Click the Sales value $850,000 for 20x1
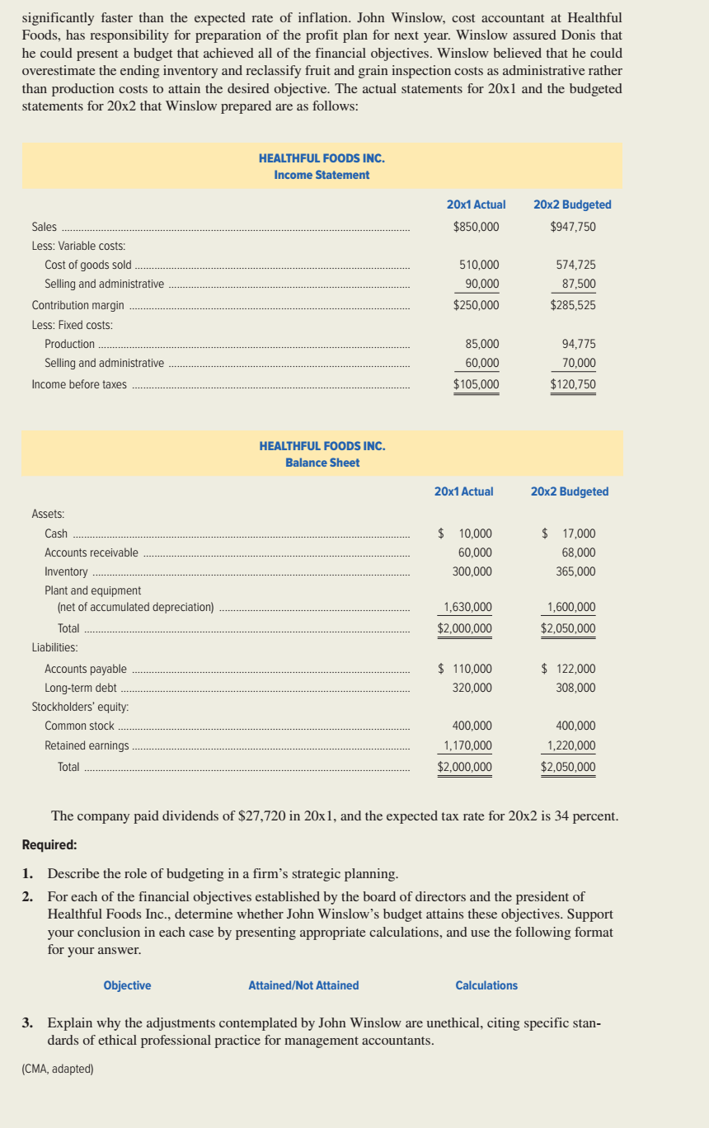[x=476, y=227]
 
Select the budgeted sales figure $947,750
[x=573, y=227]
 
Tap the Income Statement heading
[x=322, y=175]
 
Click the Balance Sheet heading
[x=322, y=463]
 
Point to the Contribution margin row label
[x=77, y=305]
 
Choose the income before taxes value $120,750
[x=573, y=384]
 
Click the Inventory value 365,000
[x=575, y=571]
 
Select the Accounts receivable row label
[x=92, y=552]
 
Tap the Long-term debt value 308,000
[x=575, y=688]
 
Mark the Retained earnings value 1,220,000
[x=571, y=745]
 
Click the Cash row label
[x=56, y=533]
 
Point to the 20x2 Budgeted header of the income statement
[x=572, y=204]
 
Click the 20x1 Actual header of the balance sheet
[x=463, y=491]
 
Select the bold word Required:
[x=49, y=845]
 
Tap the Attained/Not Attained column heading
[x=303, y=985]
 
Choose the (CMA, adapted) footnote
[x=58, y=1069]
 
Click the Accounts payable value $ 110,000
[x=465, y=669]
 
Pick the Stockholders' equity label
[x=80, y=707]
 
